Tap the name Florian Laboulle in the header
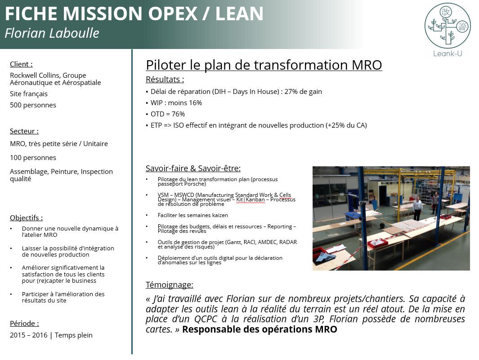pyautogui.click(x=52, y=33)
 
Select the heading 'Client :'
pyautogui.click(x=21, y=64)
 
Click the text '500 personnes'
pyautogui.click(x=33, y=105)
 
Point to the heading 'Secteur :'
pyautogui.click(x=24, y=131)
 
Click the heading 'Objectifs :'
pyautogui.click(x=26, y=218)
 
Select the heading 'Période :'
pyautogui.click(x=24, y=323)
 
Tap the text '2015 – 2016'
pyautogui.click(x=29, y=335)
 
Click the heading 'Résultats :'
pyautogui.click(x=165, y=80)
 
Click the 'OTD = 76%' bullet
pyautogui.click(x=168, y=114)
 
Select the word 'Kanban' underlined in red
pyautogui.click(x=255, y=200)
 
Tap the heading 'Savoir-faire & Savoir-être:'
pyautogui.click(x=193, y=168)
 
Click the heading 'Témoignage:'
pyautogui.click(x=170, y=284)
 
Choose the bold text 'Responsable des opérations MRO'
pyautogui.click(x=260, y=329)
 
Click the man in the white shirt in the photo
pyautogui.click(x=417, y=209)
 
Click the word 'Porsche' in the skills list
pyautogui.click(x=196, y=184)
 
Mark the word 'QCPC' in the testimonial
pyautogui.click(x=206, y=319)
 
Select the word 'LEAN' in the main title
pyautogui.click(x=239, y=13)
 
